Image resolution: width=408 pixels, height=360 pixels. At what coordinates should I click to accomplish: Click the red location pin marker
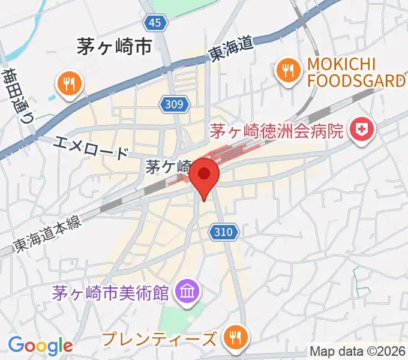(205, 175)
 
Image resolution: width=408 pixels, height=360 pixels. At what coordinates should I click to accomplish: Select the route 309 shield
(175, 105)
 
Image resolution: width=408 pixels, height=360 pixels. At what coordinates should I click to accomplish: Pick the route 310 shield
(225, 230)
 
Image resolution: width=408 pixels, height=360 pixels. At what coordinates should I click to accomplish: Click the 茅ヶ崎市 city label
(113, 47)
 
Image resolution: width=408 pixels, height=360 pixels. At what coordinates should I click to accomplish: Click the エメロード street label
(91, 146)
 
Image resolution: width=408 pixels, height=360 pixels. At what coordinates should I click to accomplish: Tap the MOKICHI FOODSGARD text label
(356, 72)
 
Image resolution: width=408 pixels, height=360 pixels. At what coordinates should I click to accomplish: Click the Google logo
(40, 345)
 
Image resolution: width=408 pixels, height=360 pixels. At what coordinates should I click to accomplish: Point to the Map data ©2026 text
(357, 351)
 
